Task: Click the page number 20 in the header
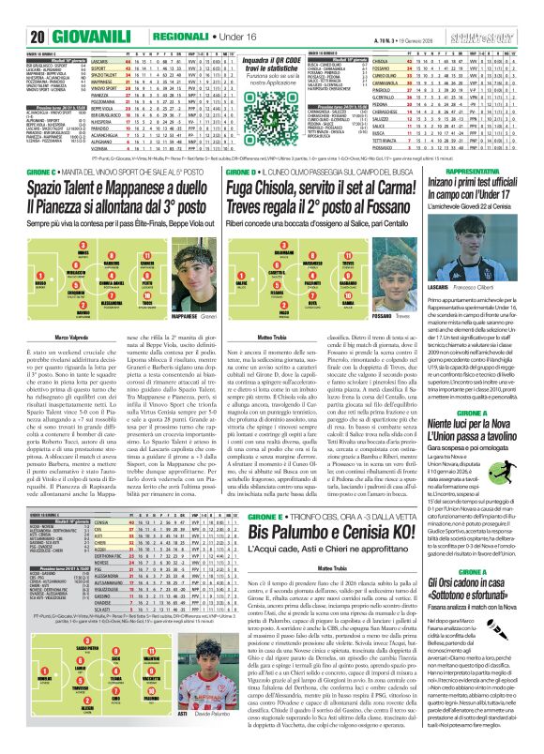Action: coord(17,10)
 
